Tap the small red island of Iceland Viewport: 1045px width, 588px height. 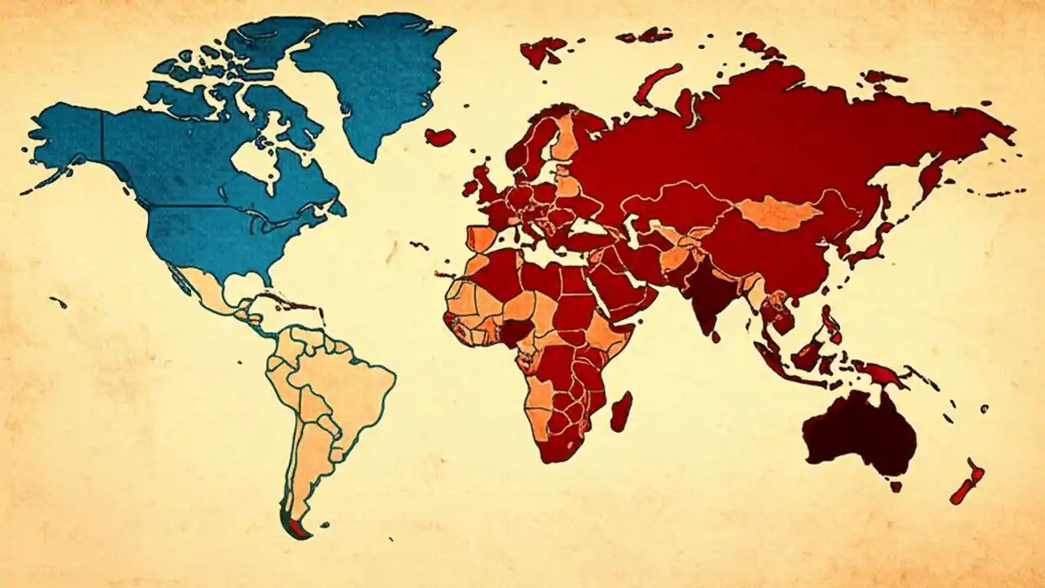tap(440, 136)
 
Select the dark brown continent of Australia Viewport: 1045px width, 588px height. tap(857, 433)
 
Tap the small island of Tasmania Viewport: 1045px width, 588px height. tap(896, 486)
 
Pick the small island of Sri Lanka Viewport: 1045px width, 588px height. tap(715, 336)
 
